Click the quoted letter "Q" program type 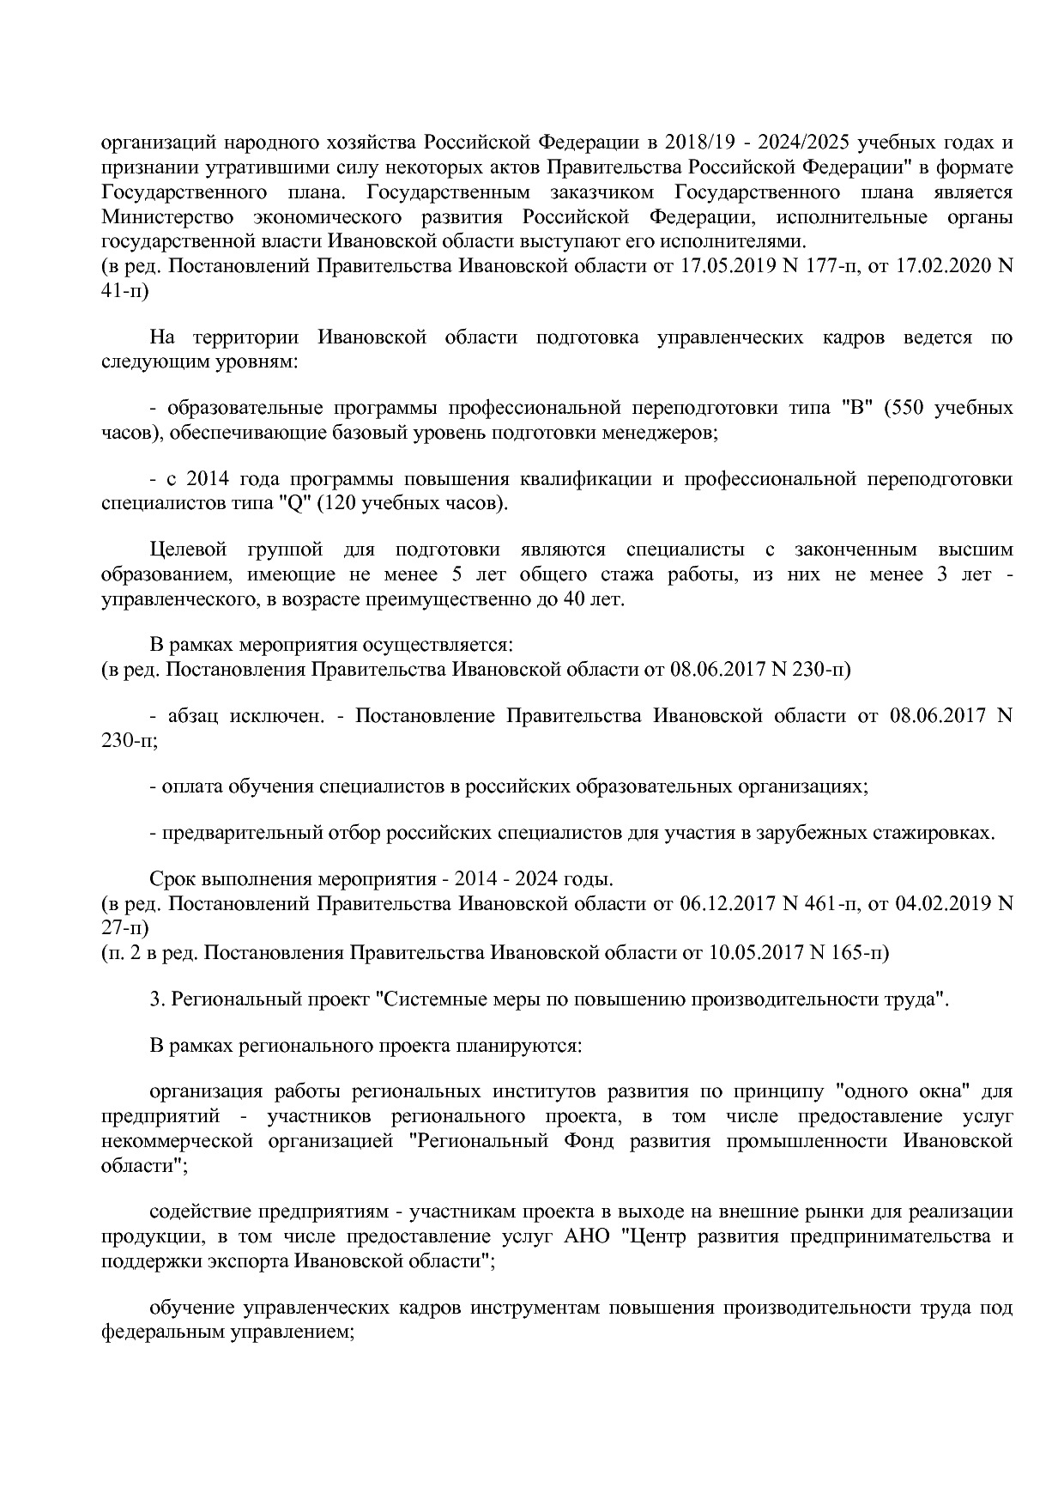click(295, 502)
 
